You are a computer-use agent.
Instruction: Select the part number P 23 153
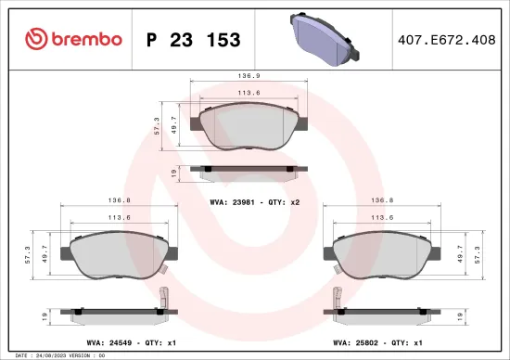(194, 40)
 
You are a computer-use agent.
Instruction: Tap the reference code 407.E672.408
(446, 40)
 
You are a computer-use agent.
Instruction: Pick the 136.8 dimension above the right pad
(383, 199)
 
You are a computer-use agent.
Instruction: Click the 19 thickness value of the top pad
(173, 173)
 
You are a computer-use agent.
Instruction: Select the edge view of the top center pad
(246, 172)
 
